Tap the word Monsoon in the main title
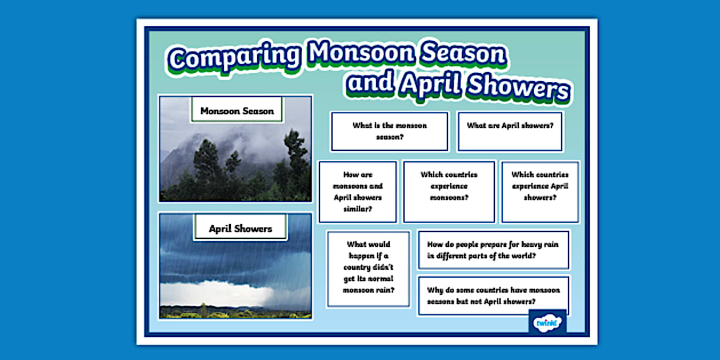(360, 54)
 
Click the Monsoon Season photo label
(237, 111)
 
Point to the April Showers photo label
(240, 229)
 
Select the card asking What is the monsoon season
(390, 131)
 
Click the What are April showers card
(510, 131)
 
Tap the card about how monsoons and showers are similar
(358, 192)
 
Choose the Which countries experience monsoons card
(449, 192)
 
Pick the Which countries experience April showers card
(540, 192)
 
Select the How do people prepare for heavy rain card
(494, 250)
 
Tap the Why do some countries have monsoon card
(494, 295)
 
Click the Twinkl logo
(547, 322)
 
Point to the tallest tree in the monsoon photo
(296, 154)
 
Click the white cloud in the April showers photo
(217, 293)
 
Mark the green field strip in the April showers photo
(235, 313)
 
